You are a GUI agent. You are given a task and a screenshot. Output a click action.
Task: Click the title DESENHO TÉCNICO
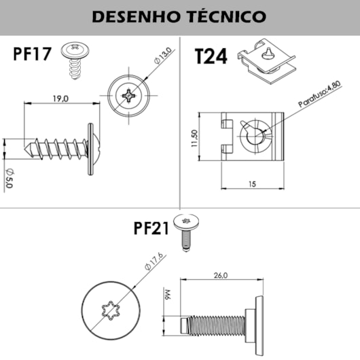179,17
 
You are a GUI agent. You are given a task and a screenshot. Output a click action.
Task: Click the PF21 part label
151,230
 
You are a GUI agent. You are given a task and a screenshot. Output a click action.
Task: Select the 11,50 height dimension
195,137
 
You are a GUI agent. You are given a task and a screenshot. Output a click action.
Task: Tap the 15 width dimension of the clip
251,183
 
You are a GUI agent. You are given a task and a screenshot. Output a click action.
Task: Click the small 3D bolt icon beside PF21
185,231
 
